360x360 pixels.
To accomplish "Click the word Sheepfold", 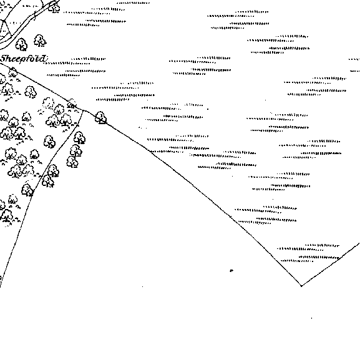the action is pos(24,59).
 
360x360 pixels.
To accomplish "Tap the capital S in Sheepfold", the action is pos(4,59).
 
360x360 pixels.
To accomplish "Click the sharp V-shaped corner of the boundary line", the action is pos(301,286).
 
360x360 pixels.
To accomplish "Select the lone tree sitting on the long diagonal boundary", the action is pos(100,117).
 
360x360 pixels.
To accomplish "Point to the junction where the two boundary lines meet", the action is pos(84,110).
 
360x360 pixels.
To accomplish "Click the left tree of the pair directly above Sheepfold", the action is pos(21,44).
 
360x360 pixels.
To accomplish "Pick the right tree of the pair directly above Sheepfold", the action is pos(40,41).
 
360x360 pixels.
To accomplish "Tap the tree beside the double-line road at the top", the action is pos(54,7).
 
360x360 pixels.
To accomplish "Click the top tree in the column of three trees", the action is pos(79,138).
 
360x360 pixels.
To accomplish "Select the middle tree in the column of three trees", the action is pos(75,150).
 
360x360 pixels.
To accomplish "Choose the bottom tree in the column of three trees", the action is pos(72,162).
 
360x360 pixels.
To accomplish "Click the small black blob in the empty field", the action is pos(231,271).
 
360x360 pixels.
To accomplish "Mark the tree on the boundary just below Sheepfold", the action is pos(13,72).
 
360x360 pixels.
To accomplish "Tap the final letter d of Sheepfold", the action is pos(42,58).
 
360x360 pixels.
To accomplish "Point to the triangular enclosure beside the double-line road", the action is pos(4,29).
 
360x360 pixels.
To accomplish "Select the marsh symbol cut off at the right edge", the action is pos(355,66).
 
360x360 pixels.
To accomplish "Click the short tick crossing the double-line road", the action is pos(35,16).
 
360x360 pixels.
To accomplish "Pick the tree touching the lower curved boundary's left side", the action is pos(27,190).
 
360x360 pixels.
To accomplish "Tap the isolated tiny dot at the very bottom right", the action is pos(311,318).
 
